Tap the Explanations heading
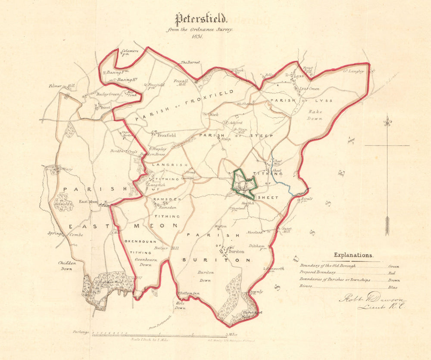pos(353,255)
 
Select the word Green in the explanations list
pos(394,267)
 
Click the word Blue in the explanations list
pos(393,287)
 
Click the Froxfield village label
pos(166,135)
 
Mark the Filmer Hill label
pos(62,86)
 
